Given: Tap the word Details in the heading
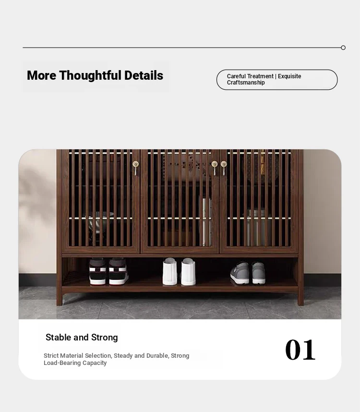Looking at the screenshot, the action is pyautogui.click(x=144, y=75).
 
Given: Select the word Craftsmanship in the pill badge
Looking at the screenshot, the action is pyautogui.click(x=246, y=83).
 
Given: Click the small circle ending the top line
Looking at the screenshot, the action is pyautogui.click(x=343, y=48).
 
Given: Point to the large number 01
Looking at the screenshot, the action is pyautogui.click(x=300, y=350).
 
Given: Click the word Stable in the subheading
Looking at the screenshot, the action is pyautogui.click(x=59, y=338).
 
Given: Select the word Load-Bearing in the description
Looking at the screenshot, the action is pyautogui.click(x=62, y=363).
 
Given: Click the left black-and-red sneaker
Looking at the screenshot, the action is pyautogui.click(x=97, y=271).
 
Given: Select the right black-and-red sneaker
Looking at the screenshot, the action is pyautogui.click(x=119, y=271).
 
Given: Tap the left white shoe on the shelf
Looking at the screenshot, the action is pyautogui.click(x=169, y=271).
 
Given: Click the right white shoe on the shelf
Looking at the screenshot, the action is pyautogui.click(x=188, y=272).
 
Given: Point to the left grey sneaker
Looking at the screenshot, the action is pyautogui.click(x=240, y=273).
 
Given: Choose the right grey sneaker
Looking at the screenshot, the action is pyautogui.click(x=259, y=273).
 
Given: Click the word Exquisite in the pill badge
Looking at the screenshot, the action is pyautogui.click(x=289, y=76).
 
